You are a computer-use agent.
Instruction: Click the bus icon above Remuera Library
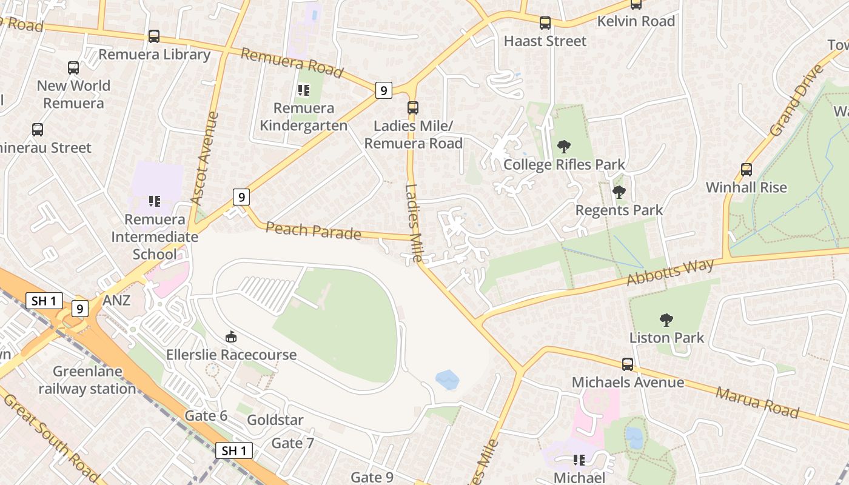[154, 36]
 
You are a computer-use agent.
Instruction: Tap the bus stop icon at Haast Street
[545, 23]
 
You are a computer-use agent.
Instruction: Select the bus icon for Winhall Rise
[747, 170]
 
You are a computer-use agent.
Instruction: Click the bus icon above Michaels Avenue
[628, 364]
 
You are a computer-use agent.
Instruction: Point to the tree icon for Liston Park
[666, 319]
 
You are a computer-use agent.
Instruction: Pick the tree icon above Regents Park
[619, 192]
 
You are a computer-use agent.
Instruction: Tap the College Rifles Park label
[564, 164]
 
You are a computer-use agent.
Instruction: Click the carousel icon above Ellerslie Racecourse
[231, 336]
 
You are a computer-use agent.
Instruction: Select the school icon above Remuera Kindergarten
[304, 90]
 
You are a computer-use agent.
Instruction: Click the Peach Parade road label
[314, 231]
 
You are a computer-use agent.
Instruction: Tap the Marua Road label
[757, 402]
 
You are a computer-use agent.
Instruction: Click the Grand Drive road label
[797, 99]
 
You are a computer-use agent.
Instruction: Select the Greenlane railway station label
[87, 380]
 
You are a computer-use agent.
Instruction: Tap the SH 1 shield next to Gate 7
[234, 450]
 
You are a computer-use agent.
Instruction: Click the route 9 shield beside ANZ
[79, 308]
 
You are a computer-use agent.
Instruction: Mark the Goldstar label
[275, 420]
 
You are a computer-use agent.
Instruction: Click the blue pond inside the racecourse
[448, 380]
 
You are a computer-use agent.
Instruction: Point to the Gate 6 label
[206, 415]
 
